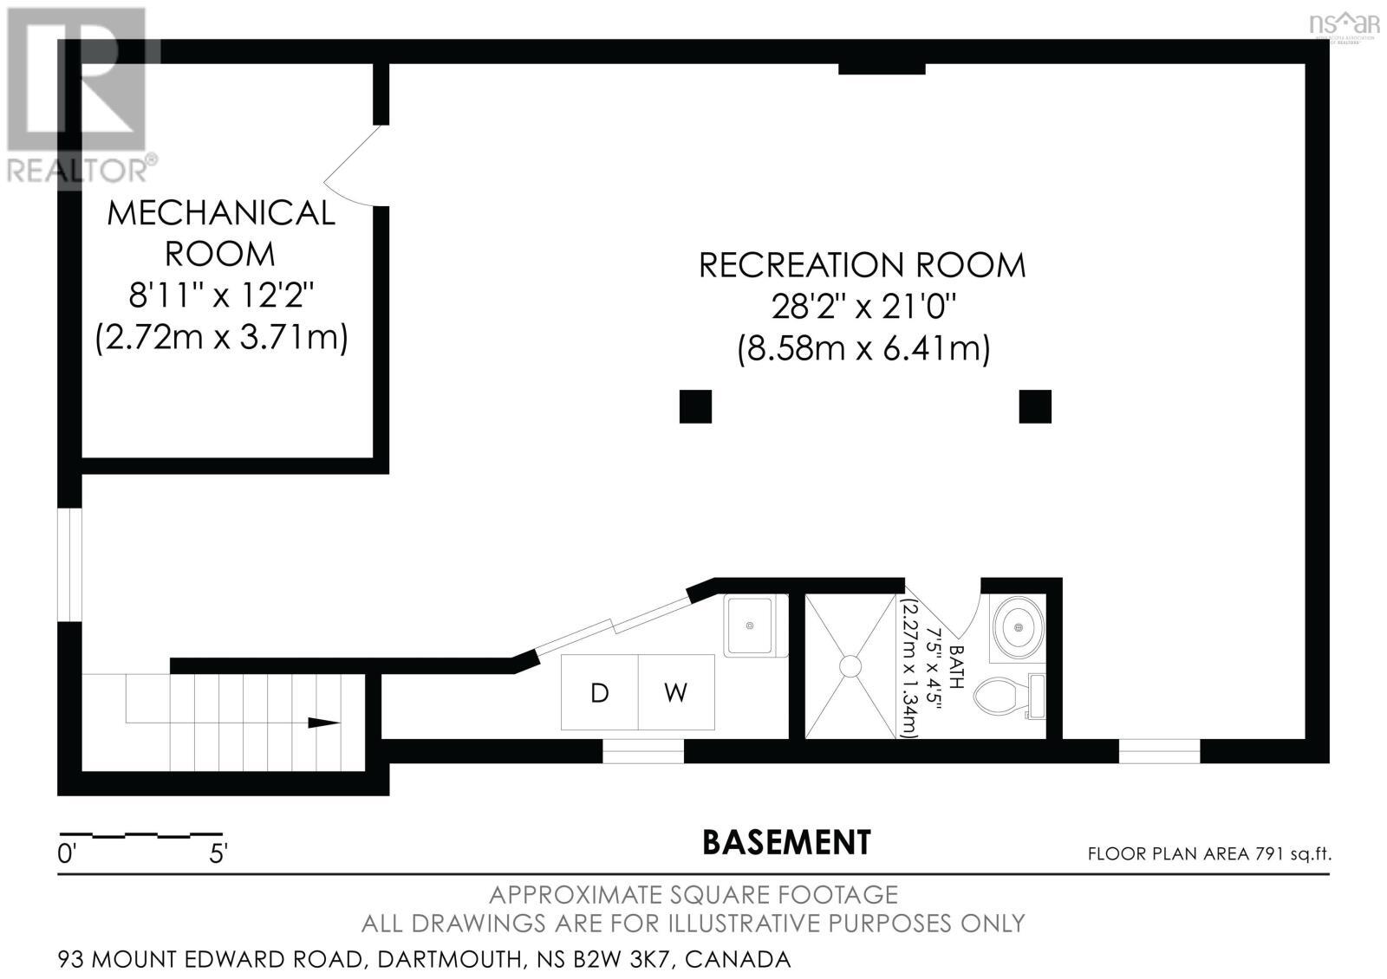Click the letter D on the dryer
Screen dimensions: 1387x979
click(x=599, y=693)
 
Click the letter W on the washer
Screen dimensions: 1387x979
click(x=675, y=693)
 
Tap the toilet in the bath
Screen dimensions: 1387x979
click(x=1009, y=696)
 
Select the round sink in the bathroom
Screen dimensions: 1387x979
click(x=1019, y=627)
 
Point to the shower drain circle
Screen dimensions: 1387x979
click(x=850, y=666)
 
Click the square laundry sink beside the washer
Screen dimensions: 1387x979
click(x=750, y=626)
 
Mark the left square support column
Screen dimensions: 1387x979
click(x=695, y=406)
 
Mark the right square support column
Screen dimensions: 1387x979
click(x=1035, y=406)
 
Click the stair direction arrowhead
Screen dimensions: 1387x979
click(x=323, y=723)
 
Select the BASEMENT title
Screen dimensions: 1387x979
click(x=786, y=842)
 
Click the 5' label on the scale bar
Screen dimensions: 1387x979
click(x=218, y=854)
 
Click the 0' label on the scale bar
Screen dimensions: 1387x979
click(x=66, y=854)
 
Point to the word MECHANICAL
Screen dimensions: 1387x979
click(x=221, y=213)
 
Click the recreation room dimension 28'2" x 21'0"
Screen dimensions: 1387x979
click(x=863, y=306)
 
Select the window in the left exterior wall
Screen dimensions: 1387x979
click(x=69, y=564)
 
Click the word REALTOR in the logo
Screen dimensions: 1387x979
click(x=76, y=171)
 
